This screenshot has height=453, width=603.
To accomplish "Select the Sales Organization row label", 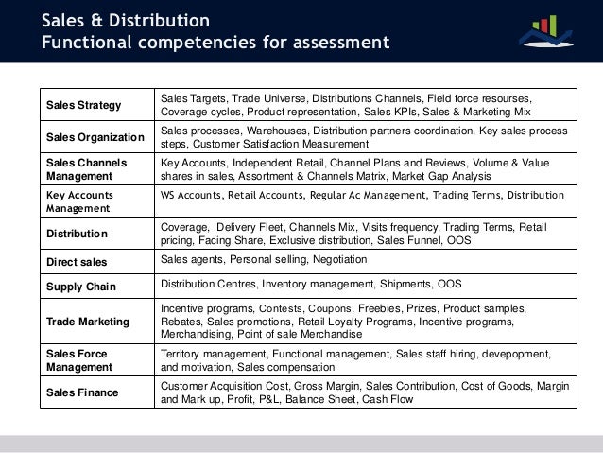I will pos(95,137).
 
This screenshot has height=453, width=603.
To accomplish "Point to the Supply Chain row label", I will pos(80,285).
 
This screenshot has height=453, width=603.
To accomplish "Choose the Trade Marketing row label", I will pos(88,322).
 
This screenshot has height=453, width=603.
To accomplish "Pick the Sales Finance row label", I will pos(83,392).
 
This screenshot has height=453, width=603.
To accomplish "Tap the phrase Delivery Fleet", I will pos(250,226).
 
